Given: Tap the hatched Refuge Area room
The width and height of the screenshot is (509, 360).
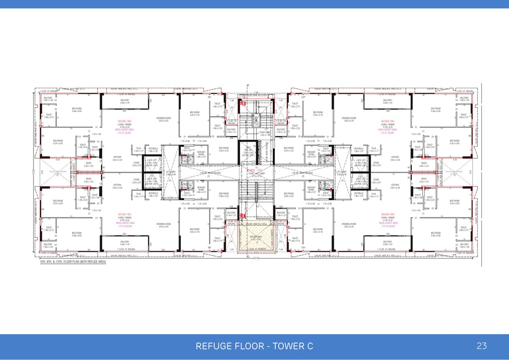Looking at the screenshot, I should (x=256, y=238).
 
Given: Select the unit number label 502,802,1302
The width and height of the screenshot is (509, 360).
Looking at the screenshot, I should (x=124, y=121).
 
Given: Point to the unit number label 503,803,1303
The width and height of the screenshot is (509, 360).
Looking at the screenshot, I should (x=388, y=121).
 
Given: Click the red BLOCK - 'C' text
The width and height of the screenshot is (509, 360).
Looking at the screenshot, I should (x=255, y=170).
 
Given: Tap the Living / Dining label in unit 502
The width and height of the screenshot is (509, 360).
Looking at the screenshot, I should (x=124, y=124).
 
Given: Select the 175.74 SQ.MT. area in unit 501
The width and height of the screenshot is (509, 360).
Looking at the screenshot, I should (x=124, y=226).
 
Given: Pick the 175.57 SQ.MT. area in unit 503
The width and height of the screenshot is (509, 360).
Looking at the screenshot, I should (x=388, y=132).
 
